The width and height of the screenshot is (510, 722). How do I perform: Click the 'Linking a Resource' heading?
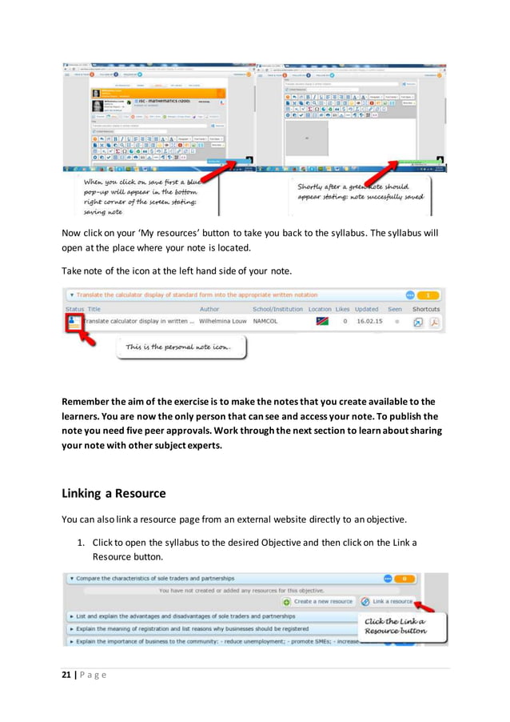114,493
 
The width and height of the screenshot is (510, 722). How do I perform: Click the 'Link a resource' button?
387,601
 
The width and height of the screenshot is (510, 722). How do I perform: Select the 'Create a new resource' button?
317,601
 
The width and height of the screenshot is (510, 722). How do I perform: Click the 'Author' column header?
209,309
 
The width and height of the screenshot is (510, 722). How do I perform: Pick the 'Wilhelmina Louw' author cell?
223,322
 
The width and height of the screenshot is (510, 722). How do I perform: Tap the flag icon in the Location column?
322,322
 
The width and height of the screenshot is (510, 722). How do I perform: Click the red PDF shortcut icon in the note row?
435,322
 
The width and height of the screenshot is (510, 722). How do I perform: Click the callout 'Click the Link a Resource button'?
395,626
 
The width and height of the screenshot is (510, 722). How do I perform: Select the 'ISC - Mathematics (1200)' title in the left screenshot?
157,102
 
